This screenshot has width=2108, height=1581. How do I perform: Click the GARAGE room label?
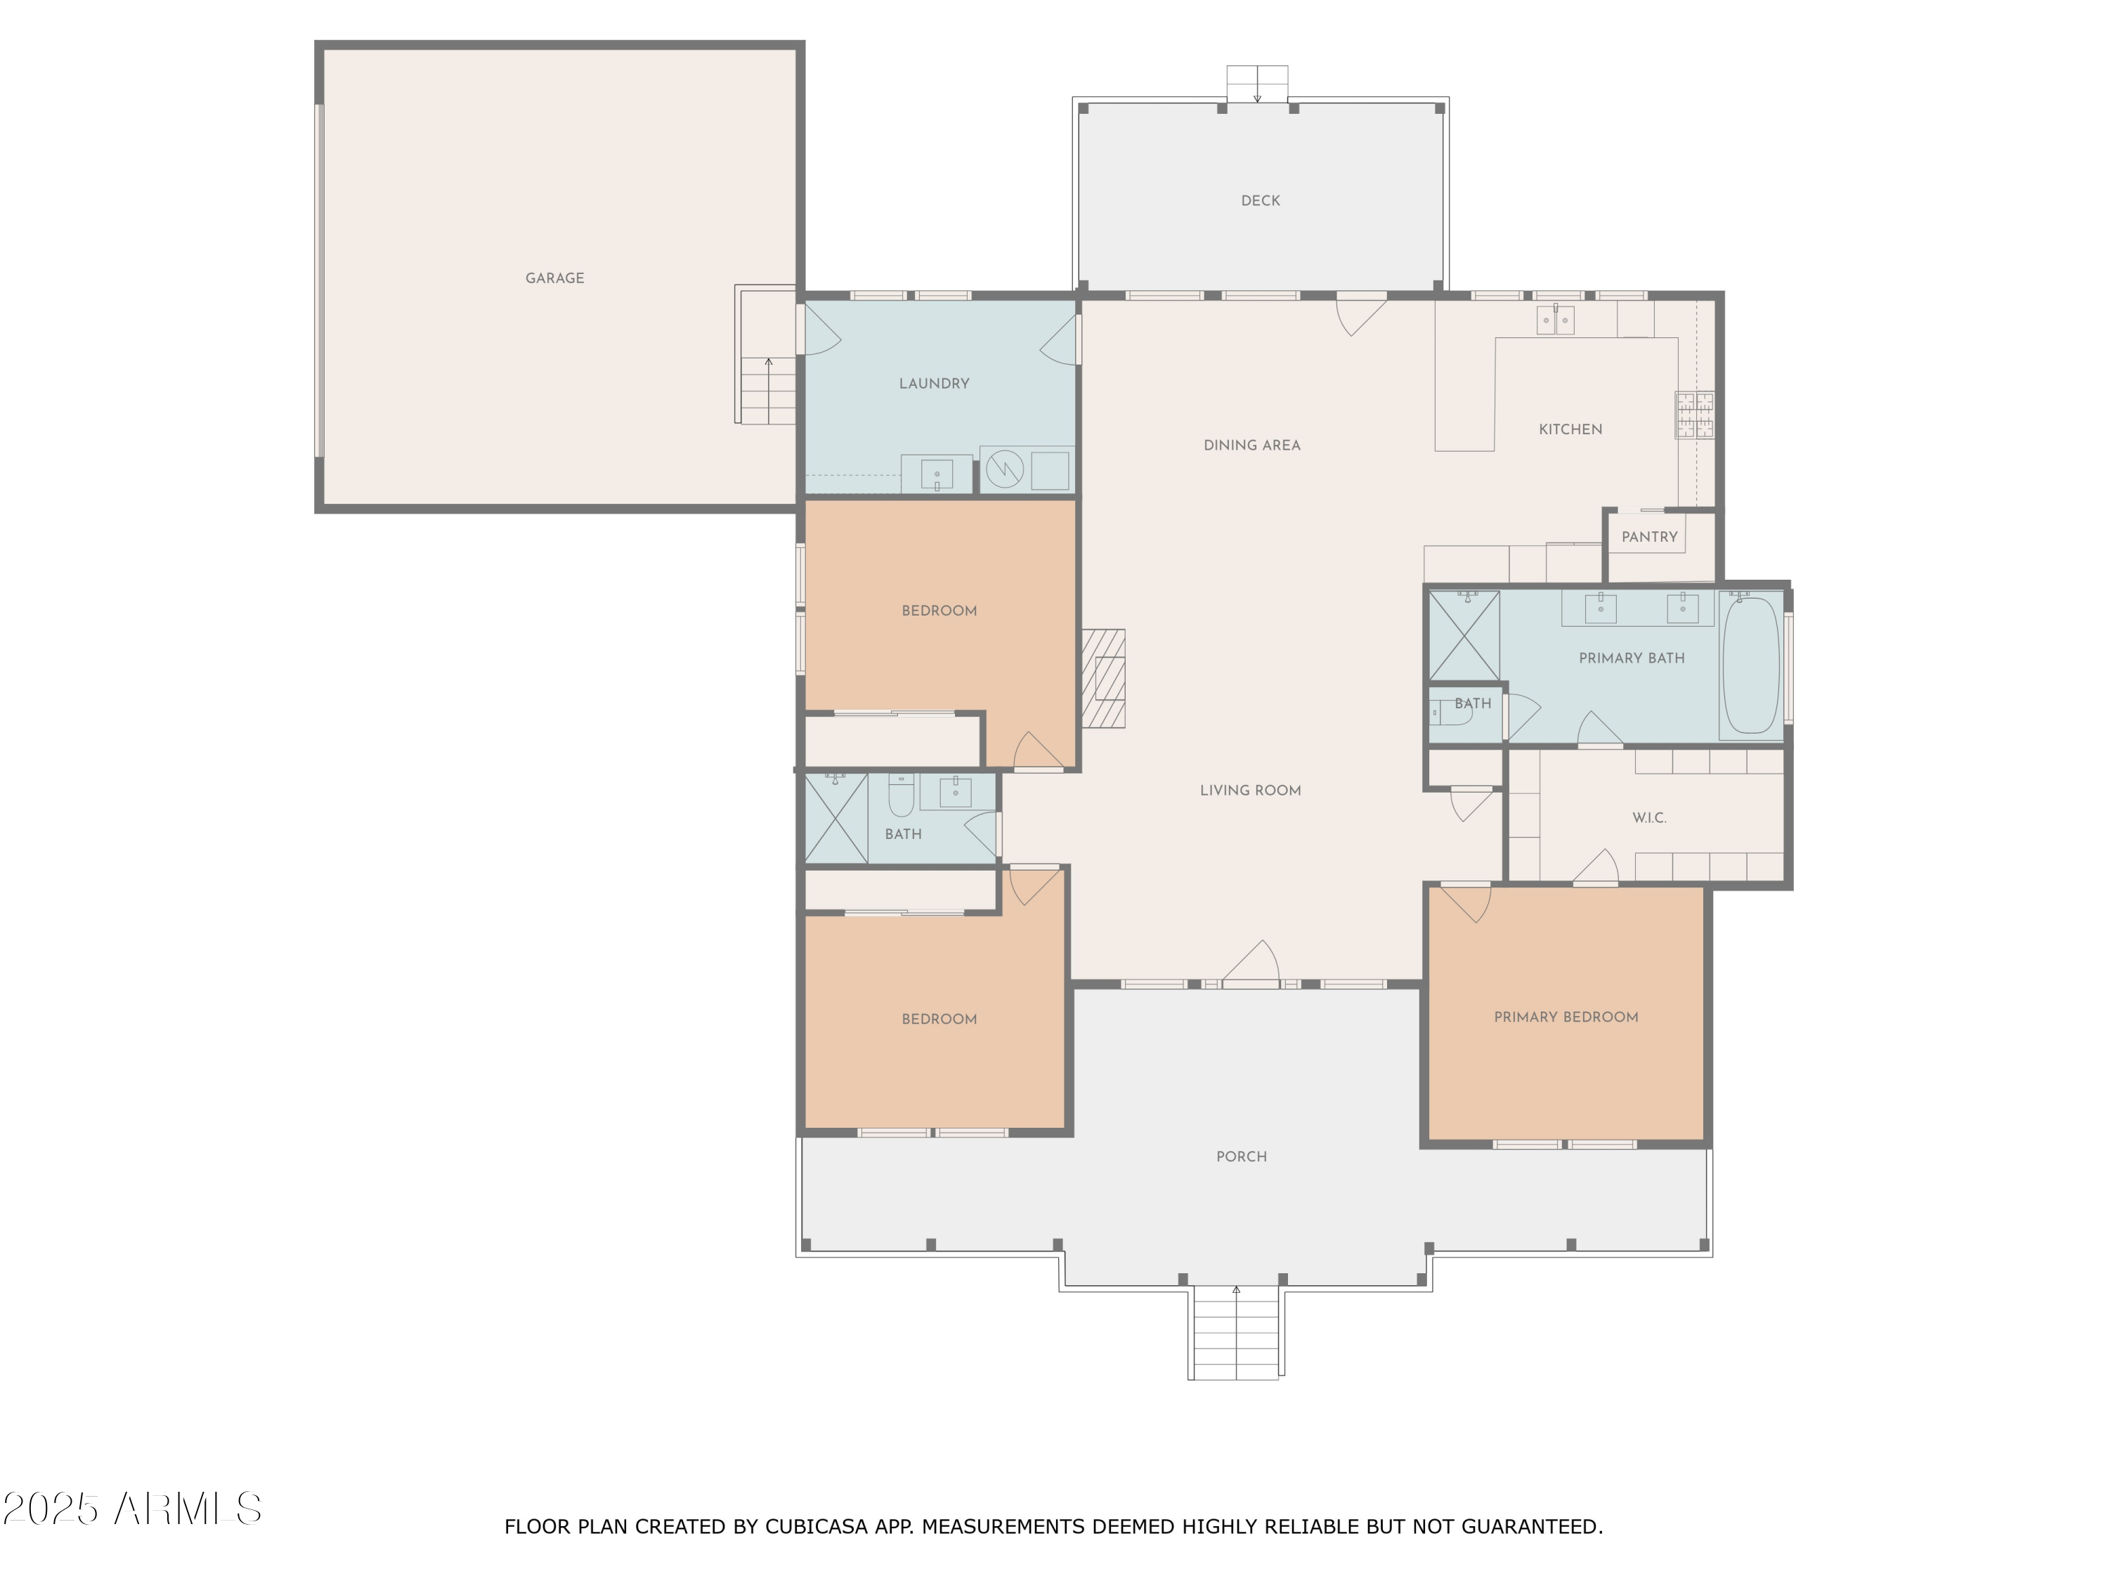pos(554,278)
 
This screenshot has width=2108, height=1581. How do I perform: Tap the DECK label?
pos(1260,201)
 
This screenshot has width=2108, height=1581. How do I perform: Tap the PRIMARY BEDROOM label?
pos(1566,1017)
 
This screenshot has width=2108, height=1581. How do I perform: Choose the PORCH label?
pos(1242,1157)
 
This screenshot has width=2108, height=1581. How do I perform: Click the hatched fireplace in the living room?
pos(1102,679)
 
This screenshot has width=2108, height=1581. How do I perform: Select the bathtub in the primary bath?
pos(1750,665)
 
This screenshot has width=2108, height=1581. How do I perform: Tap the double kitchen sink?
pos(1555,320)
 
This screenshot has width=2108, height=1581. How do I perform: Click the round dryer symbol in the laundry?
pos(1004,469)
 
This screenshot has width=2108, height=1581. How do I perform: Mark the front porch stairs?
pos(1236,1332)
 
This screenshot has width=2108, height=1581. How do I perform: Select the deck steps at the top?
pos(1257,84)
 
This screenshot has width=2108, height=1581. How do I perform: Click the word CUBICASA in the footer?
pos(816,1527)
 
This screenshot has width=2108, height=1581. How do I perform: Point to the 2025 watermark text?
pos(51,1509)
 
